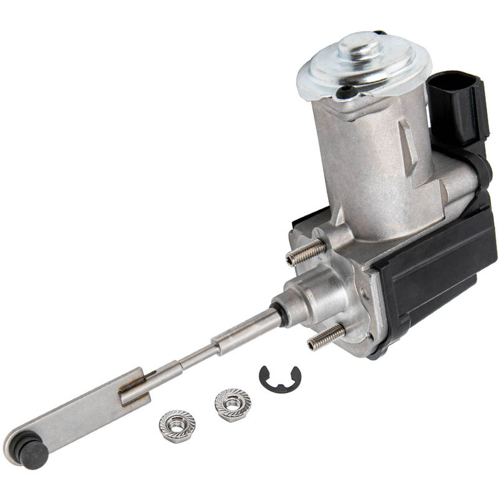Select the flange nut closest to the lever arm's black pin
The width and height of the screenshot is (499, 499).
[x=177, y=425]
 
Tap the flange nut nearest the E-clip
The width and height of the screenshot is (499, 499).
[x=233, y=405]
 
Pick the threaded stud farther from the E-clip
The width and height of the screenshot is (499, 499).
[x=306, y=251]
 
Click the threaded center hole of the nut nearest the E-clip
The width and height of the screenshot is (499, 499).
[x=233, y=404]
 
